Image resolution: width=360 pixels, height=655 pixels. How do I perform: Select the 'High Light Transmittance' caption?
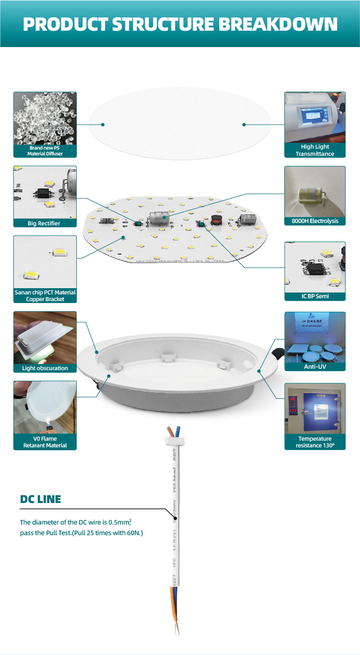pyautogui.click(x=315, y=150)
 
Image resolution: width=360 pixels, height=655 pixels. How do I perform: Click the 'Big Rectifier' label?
pyautogui.click(x=45, y=223)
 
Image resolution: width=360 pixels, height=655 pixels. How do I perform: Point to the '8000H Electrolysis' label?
pyautogui.click(x=315, y=221)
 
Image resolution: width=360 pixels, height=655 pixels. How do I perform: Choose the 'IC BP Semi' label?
pyautogui.click(x=315, y=296)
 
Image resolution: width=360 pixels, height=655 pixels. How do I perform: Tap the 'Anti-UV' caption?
pyautogui.click(x=315, y=367)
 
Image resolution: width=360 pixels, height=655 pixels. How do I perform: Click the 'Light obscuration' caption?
pyautogui.click(x=45, y=368)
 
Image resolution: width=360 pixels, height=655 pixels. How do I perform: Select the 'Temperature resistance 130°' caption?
pyautogui.click(x=315, y=442)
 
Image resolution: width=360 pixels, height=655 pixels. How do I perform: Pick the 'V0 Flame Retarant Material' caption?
pyautogui.click(x=45, y=442)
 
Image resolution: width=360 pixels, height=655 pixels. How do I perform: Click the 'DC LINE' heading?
pyautogui.click(x=41, y=499)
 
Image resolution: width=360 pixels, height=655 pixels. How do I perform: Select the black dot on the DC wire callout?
pyautogui.click(x=176, y=518)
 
